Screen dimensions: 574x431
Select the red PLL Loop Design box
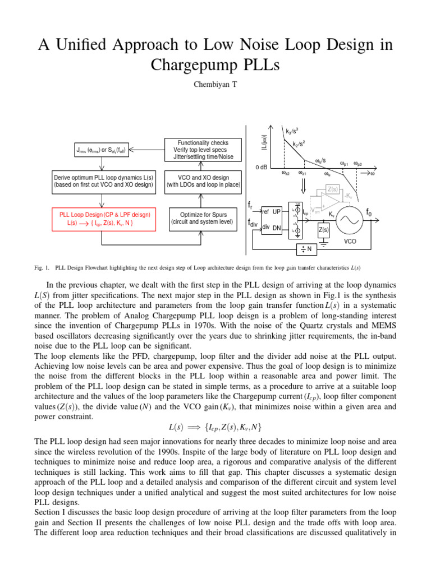coord(102,218)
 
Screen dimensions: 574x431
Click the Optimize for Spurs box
coord(203,218)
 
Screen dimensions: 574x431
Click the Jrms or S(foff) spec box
coord(102,150)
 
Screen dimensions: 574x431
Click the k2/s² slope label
coord(299,143)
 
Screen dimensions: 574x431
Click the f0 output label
coord(369,212)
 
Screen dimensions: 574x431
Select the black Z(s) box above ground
coord(324,230)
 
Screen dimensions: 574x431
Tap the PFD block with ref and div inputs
coord(272,220)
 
